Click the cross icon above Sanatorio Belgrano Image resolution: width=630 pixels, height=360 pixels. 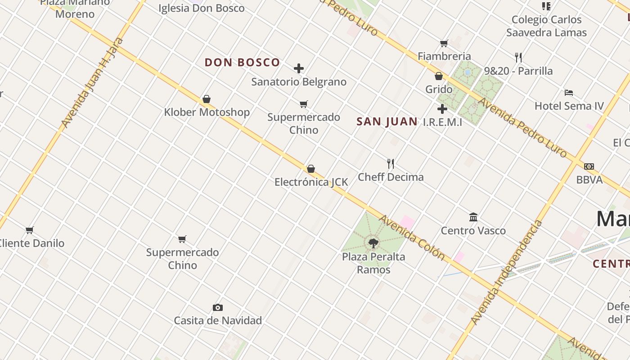(299, 68)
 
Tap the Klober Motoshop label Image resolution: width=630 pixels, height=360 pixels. (207, 112)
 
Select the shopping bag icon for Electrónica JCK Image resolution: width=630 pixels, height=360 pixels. (310, 169)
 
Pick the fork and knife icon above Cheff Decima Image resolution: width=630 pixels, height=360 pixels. (391, 163)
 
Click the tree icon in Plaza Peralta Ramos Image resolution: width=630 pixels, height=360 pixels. (373, 243)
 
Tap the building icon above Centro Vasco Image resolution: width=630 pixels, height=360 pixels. (473, 217)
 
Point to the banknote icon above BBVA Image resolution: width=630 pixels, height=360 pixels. (589, 166)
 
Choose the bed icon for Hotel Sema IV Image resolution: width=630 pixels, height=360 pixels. (569, 93)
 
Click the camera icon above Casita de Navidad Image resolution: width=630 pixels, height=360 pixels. (218, 308)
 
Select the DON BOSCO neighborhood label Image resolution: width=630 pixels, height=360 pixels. (243, 63)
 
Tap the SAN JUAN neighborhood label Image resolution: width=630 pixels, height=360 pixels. (387, 121)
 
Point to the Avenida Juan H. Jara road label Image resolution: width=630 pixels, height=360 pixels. (92, 83)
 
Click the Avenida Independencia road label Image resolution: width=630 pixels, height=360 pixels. (507, 273)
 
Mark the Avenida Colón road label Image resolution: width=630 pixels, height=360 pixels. (412, 238)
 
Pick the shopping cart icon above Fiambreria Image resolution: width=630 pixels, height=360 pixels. (444, 44)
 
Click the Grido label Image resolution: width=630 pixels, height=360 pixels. (439, 89)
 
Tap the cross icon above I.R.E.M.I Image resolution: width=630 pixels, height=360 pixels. (442, 109)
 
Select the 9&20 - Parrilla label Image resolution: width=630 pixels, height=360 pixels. (518, 71)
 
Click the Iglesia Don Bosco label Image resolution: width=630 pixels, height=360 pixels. (202, 8)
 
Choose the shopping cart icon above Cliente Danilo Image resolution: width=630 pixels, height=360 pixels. (30, 230)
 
